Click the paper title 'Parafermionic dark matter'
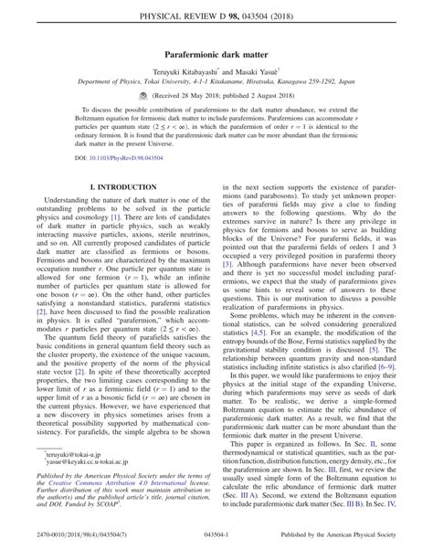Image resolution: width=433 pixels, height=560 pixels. point(216,54)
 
